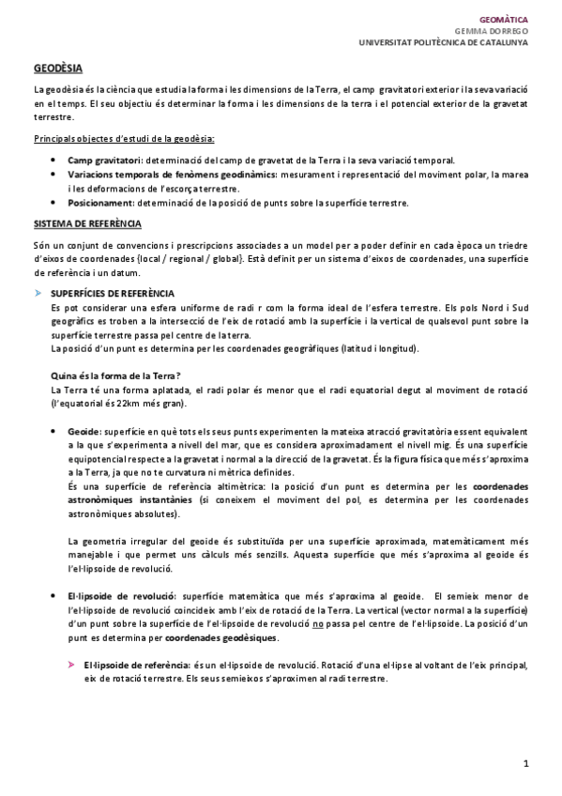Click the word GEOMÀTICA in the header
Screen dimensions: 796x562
[504, 18]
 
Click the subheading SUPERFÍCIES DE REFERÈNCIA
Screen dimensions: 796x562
[112, 294]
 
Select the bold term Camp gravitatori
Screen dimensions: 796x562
[105, 161]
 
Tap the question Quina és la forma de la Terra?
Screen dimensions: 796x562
[115, 375]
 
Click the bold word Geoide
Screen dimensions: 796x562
[85, 428]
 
